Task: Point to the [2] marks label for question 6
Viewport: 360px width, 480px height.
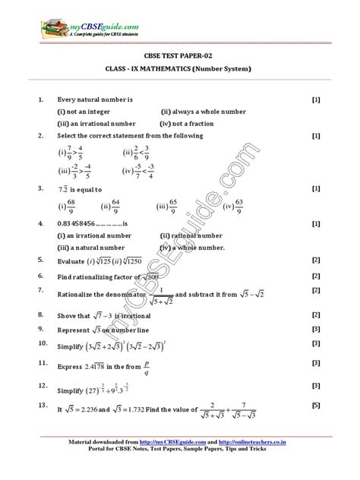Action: (314, 276)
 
